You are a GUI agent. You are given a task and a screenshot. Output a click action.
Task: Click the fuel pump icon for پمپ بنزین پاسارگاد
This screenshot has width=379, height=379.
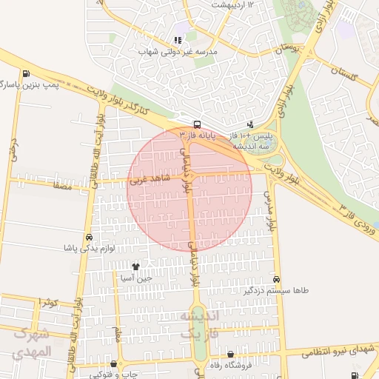[27, 73]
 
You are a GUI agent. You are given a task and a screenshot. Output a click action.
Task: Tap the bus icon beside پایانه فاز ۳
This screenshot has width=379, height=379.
[197, 124]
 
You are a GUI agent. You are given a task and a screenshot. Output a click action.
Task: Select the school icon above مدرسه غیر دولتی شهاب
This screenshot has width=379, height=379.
[178, 40]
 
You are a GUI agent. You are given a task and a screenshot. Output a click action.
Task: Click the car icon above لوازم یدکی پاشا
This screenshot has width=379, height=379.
[89, 238]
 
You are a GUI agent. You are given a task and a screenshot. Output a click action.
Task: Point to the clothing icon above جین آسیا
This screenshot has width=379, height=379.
[135, 266]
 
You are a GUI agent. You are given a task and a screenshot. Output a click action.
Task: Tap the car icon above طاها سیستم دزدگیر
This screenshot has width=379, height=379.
[276, 280]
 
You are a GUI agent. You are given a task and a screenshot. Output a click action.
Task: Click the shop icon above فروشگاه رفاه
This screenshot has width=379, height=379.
[231, 355]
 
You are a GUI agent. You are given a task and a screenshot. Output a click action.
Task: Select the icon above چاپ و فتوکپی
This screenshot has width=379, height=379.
[113, 363]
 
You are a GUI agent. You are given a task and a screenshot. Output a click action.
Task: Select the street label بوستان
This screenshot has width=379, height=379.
[288, 49]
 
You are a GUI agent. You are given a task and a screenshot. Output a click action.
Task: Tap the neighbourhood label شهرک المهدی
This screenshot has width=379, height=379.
[31, 343]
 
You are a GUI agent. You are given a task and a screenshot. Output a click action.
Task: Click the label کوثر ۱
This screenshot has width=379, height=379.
[49, 302]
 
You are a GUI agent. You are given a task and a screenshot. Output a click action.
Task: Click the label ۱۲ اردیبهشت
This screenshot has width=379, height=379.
[232, 4]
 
